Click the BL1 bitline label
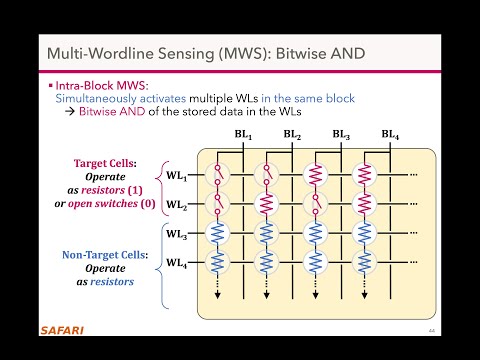[244, 135]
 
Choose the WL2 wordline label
[176, 204]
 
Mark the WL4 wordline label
[176, 264]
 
